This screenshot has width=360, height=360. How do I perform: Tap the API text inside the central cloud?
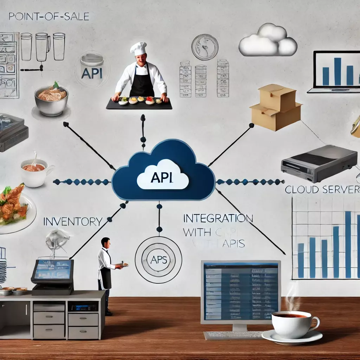pyautogui.click(x=162, y=177)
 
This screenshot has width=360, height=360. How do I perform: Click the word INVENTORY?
pyautogui.click(x=73, y=221)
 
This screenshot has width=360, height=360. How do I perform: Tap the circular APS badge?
pyautogui.click(x=159, y=260)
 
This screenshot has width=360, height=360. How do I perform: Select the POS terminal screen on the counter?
pyautogui.click(x=52, y=270)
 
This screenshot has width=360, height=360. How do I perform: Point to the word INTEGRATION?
pyautogui.click(x=218, y=218)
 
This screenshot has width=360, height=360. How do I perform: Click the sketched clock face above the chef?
pyautogui.click(x=205, y=47)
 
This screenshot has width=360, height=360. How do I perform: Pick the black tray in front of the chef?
pyautogui.click(x=139, y=104)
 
